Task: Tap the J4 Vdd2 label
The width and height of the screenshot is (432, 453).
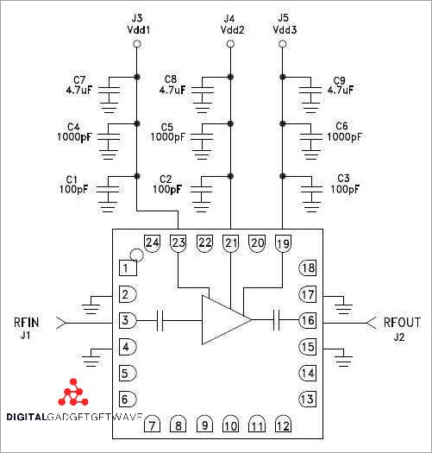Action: click(229, 24)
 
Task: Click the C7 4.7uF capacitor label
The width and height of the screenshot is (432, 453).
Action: click(79, 85)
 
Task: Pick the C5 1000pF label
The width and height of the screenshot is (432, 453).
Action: click(167, 132)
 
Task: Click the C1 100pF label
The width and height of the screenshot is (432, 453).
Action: click(74, 183)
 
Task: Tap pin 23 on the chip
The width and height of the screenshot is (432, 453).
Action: click(178, 243)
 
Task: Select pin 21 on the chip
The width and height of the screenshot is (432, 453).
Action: click(230, 243)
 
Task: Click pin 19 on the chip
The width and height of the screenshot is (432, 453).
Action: click(283, 243)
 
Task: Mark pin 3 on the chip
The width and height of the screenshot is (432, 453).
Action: click(127, 321)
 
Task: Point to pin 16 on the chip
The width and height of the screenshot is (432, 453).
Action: click(307, 321)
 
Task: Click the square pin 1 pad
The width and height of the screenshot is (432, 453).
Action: click(127, 268)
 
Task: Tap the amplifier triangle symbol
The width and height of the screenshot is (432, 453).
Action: click(223, 321)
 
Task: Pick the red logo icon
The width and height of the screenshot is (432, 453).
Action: click(75, 393)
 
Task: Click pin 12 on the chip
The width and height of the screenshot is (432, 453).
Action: click(282, 425)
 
